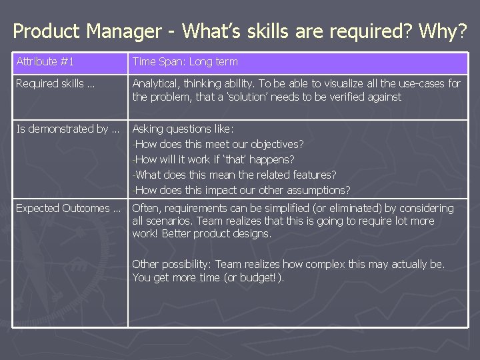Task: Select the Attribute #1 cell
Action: click(x=45, y=62)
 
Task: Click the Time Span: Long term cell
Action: click(x=185, y=62)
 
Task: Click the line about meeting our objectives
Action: click(x=219, y=144)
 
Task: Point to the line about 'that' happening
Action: click(x=214, y=159)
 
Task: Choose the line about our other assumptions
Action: click(x=242, y=189)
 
